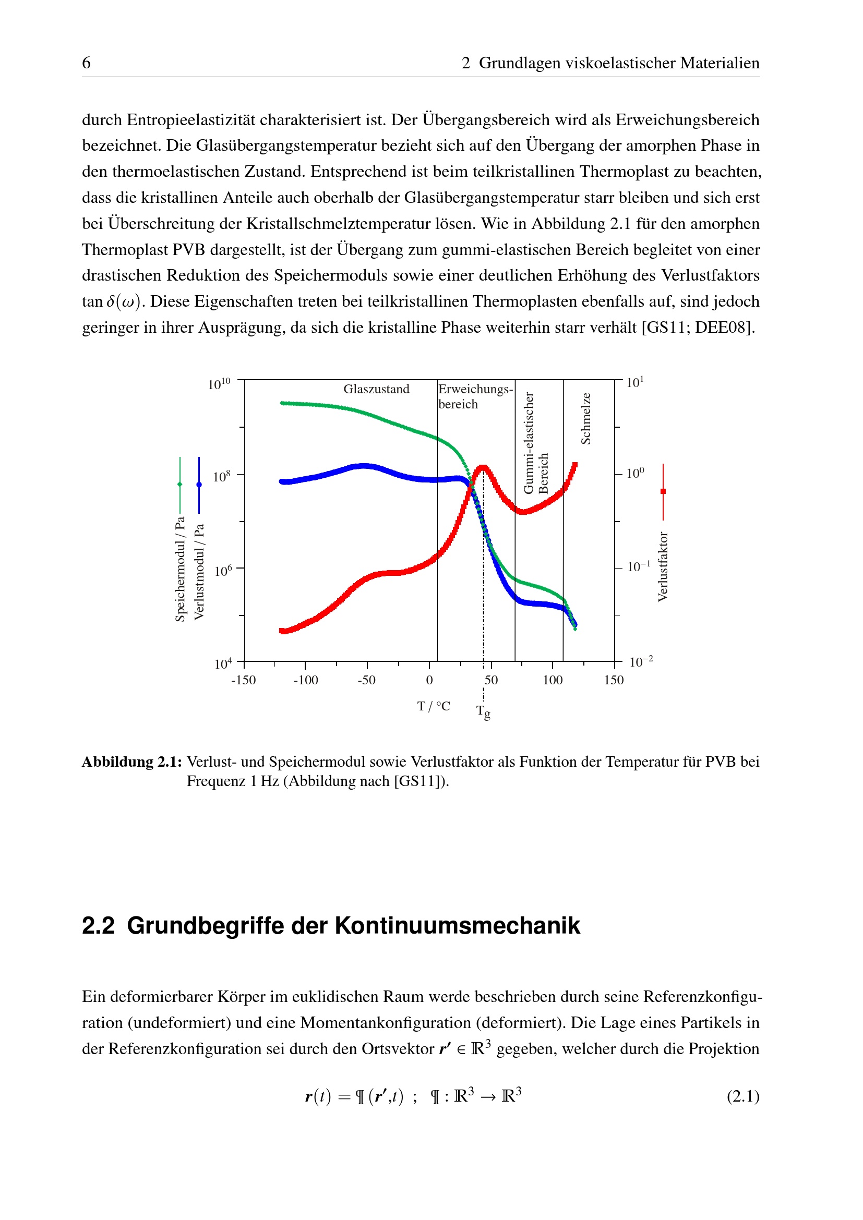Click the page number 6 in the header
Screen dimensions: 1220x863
click(x=86, y=63)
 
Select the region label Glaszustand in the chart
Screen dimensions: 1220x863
click(x=376, y=389)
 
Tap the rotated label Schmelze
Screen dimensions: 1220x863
click(x=585, y=418)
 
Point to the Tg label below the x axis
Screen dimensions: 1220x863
click(x=483, y=711)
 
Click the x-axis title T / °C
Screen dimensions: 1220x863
click(x=434, y=706)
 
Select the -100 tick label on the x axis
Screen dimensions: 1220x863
click(x=306, y=680)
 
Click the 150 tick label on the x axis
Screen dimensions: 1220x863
click(x=614, y=680)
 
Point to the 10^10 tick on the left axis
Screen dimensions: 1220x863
click(x=219, y=384)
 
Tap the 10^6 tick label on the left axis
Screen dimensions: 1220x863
click(x=223, y=571)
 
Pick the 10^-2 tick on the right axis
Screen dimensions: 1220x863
click(x=640, y=662)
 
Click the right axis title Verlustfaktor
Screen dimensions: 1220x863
click(x=663, y=566)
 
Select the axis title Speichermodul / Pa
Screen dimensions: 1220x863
click(x=180, y=569)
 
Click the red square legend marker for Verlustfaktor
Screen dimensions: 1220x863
click(x=663, y=491)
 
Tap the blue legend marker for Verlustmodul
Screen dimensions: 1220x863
click(x=199, y=485)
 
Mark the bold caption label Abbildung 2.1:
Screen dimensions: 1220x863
click(x=132, y=762)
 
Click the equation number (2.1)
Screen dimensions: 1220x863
click(x=743, y=1096)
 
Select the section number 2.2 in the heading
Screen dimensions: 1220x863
click(x=98, y=926)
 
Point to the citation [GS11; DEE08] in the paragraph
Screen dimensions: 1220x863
click(x=698, y=328)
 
